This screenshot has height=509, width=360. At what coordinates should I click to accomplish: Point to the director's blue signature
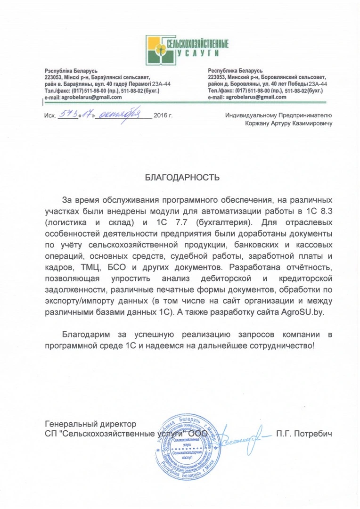click(241, 435)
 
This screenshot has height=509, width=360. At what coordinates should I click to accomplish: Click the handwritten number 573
click(65, 114)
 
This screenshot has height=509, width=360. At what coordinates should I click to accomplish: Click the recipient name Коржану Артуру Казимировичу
click(289, 124)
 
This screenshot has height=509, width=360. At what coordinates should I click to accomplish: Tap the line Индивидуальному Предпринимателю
click(279, 115)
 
